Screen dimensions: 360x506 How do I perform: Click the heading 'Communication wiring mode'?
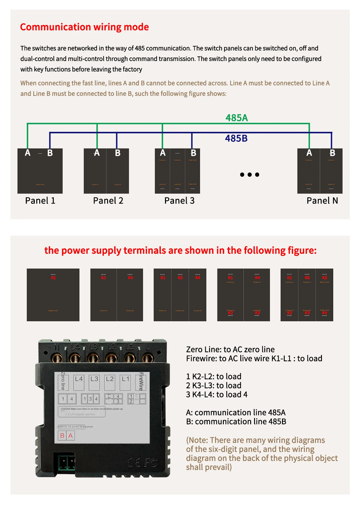pos(84,27)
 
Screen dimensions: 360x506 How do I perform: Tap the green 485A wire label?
pos(237,118)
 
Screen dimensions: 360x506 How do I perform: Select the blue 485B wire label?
pos(236,138)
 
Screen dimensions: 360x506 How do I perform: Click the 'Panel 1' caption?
pos(40,201)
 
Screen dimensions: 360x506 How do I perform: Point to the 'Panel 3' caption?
pos(179,201)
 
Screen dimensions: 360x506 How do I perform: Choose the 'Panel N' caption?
pos(322,201)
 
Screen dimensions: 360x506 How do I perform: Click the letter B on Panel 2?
pos(118,153)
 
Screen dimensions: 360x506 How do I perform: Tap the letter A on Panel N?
pos(309,153)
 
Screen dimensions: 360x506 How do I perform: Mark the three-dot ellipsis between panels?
pos(250,174)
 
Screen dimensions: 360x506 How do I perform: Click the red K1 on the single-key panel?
pos(53,278)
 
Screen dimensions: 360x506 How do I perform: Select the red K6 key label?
pos(307,278)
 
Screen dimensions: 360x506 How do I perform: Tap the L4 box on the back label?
pos(79,379)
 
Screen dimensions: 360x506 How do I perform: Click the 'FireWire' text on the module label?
pos(141,381)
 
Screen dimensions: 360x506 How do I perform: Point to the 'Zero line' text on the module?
pos(63,381)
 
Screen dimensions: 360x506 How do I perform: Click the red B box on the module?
pos(62,435)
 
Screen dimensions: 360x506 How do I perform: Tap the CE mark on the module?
pos(133,462)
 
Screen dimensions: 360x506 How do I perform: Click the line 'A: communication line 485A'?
pos(235,413)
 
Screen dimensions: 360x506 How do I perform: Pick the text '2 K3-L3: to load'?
pos(214,386)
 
